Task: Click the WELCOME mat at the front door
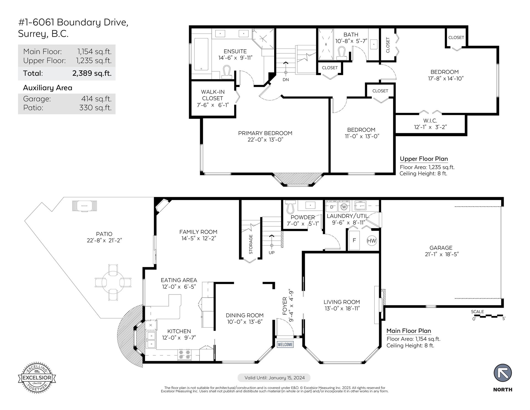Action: point(285,345)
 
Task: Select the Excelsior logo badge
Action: point(37,378)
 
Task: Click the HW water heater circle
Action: point(372,241)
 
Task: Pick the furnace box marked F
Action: point(354,240)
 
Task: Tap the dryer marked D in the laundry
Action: point(332,207)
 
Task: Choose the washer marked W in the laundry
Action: point(344,207)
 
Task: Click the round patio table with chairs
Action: point(113,282)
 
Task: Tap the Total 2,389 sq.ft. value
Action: point(92,73)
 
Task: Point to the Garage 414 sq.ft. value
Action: point(96,99)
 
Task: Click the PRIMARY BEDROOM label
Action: point(265,133)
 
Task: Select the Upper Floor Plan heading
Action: point(424,159)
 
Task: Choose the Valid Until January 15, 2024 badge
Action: point(274,378)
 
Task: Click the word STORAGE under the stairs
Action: point(251,244)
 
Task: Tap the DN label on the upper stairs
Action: point(286,80)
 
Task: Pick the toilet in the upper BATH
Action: point(342,53)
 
